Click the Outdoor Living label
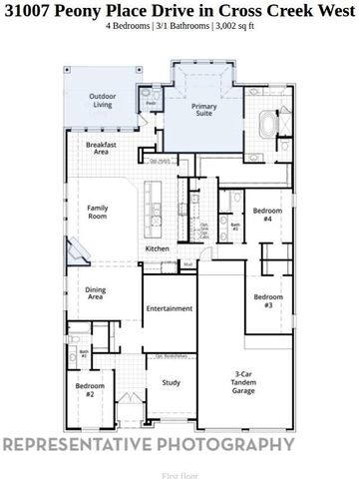click(102, 100)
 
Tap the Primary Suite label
click(204, 110)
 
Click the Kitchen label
click(158, 248)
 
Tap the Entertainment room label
click(169, 308)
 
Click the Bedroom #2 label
click(89, 390)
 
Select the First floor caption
click(180, 475)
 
